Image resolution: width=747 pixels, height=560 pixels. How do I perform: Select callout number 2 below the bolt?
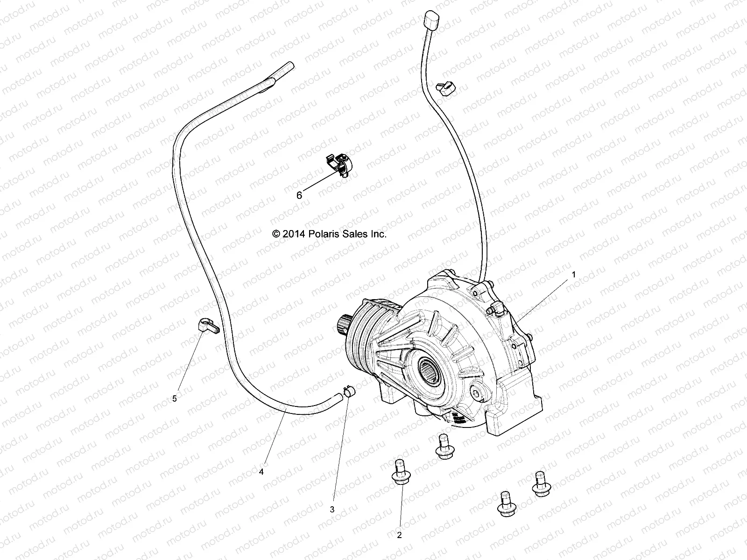coord(399,535)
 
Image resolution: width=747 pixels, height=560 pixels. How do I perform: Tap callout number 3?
coord(332,510)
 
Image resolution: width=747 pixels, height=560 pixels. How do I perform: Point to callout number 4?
coord(261,472)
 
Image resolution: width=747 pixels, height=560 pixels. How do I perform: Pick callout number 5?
coord(175,399)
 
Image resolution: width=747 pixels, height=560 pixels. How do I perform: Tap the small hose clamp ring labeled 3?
coord(348,390)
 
